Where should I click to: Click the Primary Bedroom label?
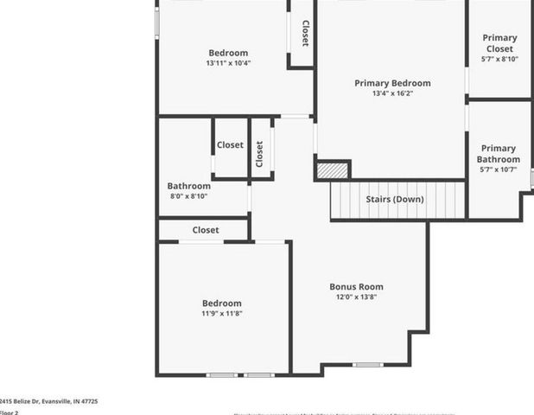tap(392, 83)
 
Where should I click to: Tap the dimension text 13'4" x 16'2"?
tap(392, 93)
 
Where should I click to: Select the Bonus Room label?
tap(356, 286)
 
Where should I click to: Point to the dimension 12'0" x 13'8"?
tap(356, 297)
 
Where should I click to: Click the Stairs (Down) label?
tap(395, 199)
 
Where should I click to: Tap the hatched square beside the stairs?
tap(332, 170)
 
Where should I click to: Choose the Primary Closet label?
tap(499, 43)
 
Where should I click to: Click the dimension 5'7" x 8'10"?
tap(499, 59)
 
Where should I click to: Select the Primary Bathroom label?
tap(499, 154)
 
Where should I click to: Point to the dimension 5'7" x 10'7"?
tap(499, 169)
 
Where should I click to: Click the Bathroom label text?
tap(188, 186)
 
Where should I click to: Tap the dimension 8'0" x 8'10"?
tap(188, 196)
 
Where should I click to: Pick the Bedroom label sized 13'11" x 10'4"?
tap(227, 53)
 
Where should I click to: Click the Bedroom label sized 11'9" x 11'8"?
tap(222, 303)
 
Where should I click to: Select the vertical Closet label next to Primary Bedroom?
tap(305, 34)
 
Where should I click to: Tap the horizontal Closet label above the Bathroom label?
tap(230, 145)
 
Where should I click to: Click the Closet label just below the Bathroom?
tap(206, 230)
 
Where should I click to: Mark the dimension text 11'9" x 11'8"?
tap(222, 313)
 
